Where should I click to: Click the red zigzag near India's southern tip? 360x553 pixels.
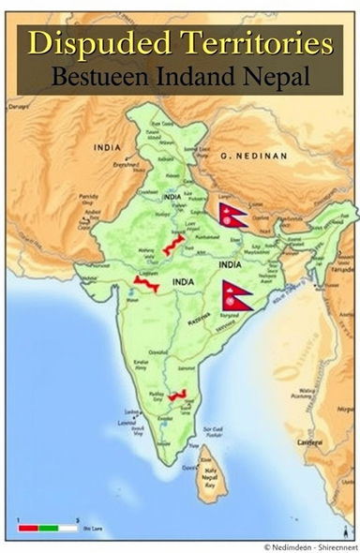pyautogui.click(x=178, y=395)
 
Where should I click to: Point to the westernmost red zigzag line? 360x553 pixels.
pyautogui.click(x=143, y=282)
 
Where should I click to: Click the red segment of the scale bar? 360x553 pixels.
pyautogui.click(x=28, y=529)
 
